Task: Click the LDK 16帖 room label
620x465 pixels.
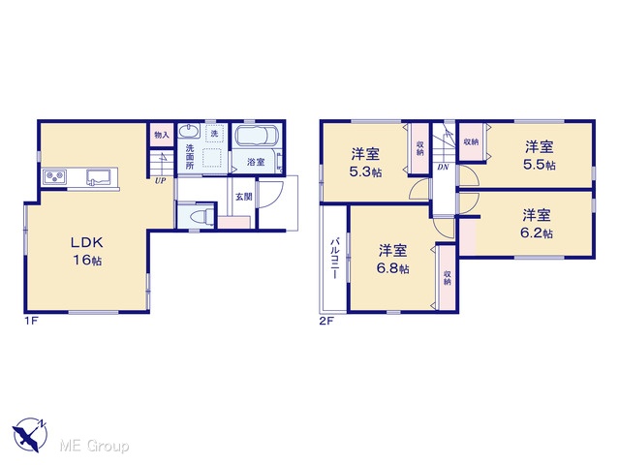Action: pos(87,251)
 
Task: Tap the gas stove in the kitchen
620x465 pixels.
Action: pos(55,176)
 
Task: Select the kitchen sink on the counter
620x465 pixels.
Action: pos(98,176)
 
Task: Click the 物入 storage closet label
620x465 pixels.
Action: pos(162,135)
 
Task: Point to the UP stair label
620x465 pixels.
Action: pos(160,181)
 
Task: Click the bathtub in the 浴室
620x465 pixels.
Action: pos(257,136)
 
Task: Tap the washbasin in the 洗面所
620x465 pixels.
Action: pos(189,131)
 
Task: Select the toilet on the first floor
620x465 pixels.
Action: pos(201,217)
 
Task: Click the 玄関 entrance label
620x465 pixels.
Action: pos(243,196)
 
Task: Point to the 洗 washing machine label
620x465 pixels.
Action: pos(214,134)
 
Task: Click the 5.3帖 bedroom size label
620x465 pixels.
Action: pos(366,172)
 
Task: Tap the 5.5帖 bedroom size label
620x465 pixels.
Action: pos(540,165)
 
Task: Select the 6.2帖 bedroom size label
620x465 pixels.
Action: pos(537,233)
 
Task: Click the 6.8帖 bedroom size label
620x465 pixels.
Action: pos(392,268)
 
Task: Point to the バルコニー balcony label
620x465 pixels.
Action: pos(335,259)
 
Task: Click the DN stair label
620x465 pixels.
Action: pos(443,168)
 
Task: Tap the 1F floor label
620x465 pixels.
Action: pos(31,321)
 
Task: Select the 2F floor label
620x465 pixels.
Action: pos(326,321)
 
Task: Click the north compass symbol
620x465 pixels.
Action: pos(29,435)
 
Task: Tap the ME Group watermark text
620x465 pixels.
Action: pos(94,446)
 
